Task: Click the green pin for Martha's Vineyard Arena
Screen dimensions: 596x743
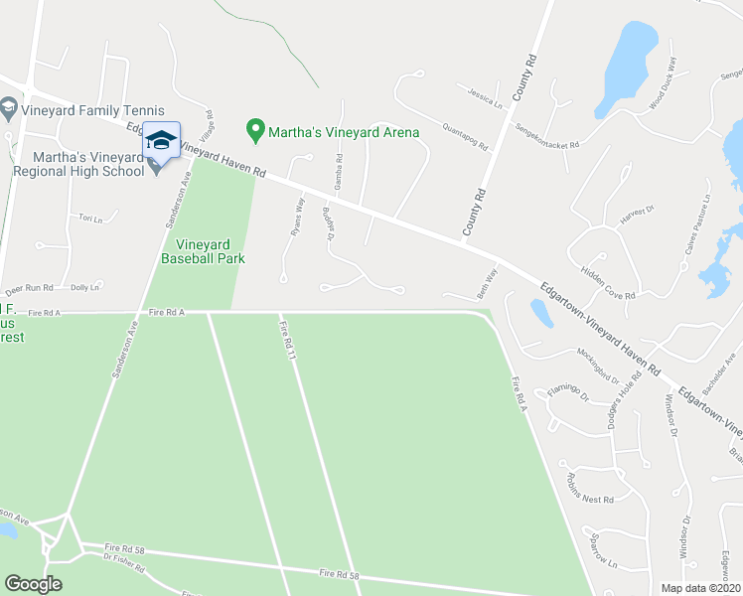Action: tap(255, 130)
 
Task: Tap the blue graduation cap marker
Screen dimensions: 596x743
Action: tap(161, 140)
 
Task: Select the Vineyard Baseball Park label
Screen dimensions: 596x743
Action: tap(203, 250)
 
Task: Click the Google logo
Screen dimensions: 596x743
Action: tap(33, 584)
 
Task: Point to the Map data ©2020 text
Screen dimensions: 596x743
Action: tap(699, 588)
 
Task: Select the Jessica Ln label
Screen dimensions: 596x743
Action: tap(485, 96)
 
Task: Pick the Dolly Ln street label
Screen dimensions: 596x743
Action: tap(85, 287)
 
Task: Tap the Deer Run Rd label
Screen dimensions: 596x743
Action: tap(29, 288)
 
